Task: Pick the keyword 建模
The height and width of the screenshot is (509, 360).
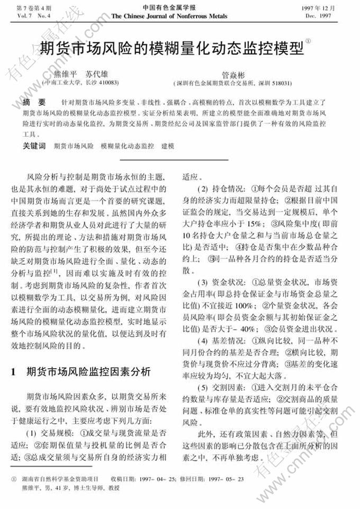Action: pyautogui.click(x=168, y=145)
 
